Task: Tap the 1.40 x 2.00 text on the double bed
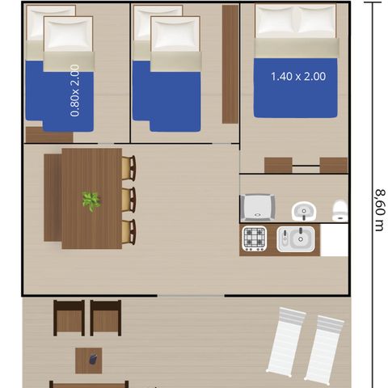pos(297,76)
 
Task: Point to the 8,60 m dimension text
pos(378,209)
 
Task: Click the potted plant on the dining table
pos(91,200)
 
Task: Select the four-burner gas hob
pos(255,239)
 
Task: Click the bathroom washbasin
pos(304,210)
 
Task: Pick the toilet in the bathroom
pos(339,210)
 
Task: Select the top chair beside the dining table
pos(129,168)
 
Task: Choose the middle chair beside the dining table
pos(129,199)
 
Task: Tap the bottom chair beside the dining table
pos(129,231)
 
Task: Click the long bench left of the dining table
pos(53,198)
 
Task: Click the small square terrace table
pos(89,360)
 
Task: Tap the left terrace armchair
pos(69,318)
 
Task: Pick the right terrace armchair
pos(105,318)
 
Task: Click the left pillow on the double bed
pos(276,23)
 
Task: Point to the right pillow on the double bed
pos(316,23)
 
